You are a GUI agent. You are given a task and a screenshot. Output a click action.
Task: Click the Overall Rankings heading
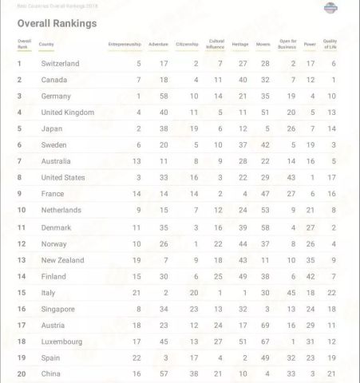57,23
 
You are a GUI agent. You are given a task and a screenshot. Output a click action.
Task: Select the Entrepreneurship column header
124,44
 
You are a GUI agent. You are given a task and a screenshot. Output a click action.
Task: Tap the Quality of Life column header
330,44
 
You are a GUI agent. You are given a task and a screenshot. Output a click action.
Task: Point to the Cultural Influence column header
216,44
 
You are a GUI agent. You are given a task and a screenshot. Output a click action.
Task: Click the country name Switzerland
60,63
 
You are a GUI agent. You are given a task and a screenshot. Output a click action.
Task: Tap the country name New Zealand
63,260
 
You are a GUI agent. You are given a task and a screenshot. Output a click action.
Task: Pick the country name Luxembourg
61,342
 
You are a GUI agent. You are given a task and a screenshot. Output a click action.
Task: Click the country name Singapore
57,309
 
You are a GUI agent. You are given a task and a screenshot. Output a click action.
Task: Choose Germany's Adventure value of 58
164,96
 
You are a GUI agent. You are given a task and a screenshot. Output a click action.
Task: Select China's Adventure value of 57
164,374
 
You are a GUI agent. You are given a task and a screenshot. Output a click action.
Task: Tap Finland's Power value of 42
311,276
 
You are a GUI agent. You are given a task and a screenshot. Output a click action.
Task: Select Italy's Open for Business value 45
291,293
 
